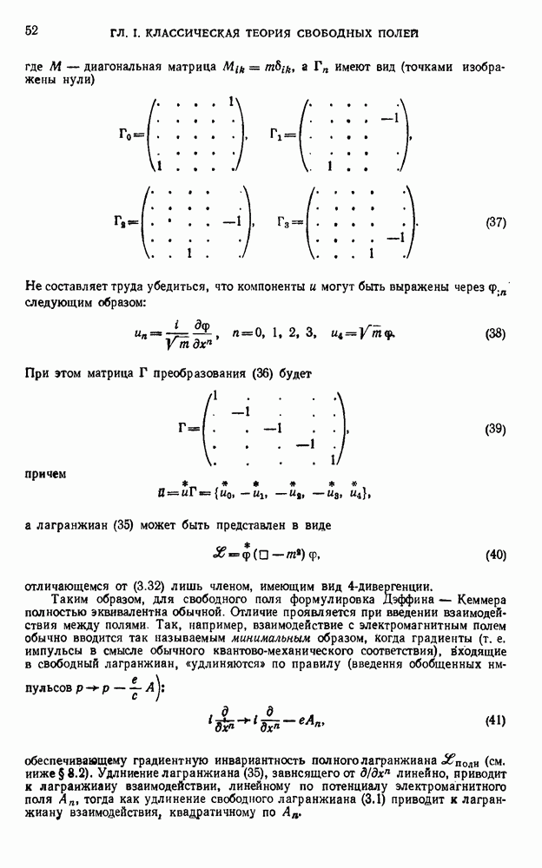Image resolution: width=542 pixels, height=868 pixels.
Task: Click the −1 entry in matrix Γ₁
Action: pyautogui.click(x=390, y=117)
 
